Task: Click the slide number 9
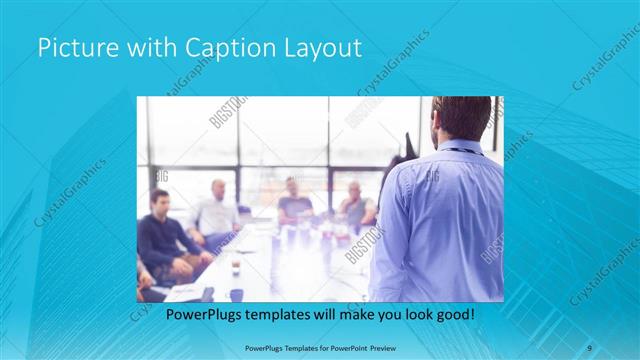point(590,346)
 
